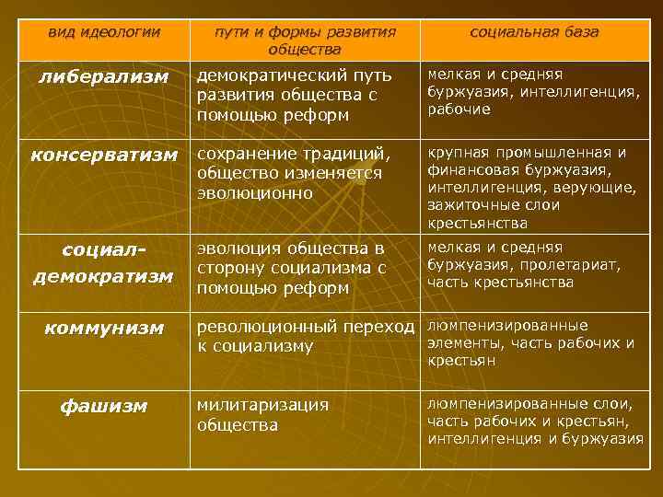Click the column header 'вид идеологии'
tap(103, 32)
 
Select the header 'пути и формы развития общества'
tap(305, 40)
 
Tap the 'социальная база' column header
tap(534, 32)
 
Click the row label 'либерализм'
tap(103, 77)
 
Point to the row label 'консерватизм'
tap(103, 154)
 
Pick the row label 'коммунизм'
tap(103, 328)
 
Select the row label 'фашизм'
tap(103, 406)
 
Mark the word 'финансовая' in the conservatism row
tap(469, 170)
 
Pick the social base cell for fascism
tap(534, 422)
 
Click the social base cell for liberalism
tap(534, 91)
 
